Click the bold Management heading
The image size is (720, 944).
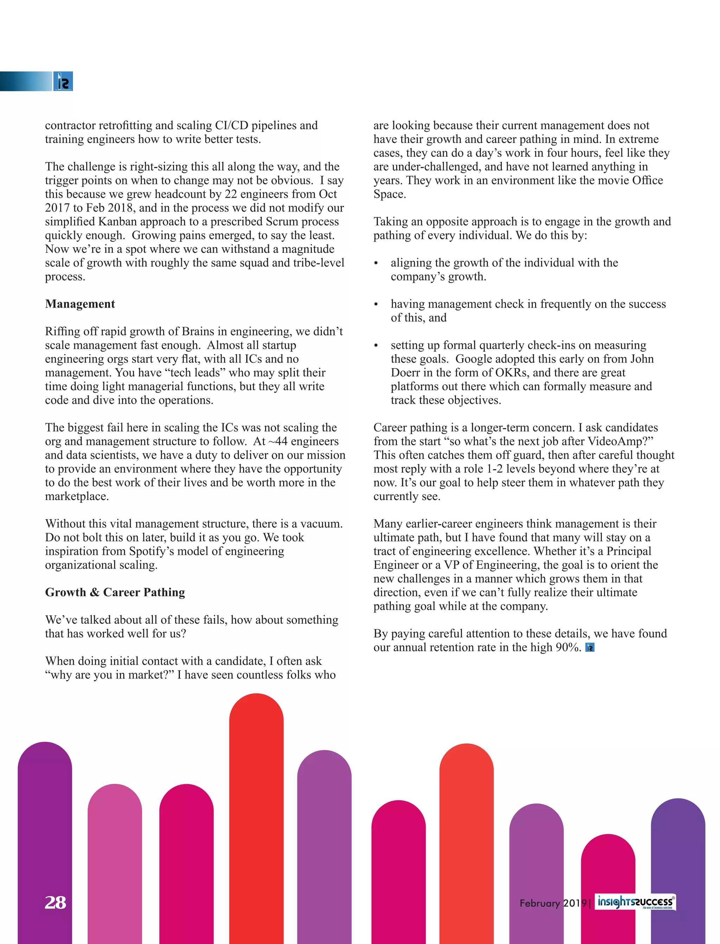[80, 304]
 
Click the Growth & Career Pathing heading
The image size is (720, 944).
[115, 592]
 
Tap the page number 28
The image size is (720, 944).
[55, 902]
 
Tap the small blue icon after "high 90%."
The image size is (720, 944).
[590, 648]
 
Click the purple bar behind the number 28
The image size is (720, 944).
[45, 835]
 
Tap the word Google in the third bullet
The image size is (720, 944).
[475, 359]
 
